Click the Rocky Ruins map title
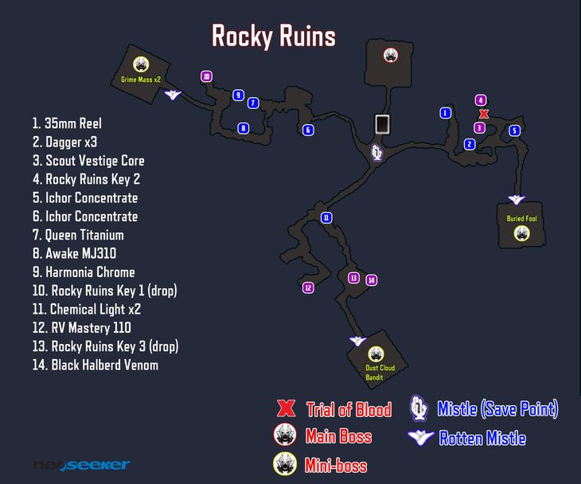273,36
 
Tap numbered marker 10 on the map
206,76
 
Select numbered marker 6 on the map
308,130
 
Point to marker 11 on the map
326,217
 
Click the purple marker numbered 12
308,287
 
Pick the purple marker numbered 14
371,279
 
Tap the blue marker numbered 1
446,113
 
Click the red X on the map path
484,114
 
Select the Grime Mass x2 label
141,80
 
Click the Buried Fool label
521,218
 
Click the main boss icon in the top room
391,55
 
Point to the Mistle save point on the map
377,151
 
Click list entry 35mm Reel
67,123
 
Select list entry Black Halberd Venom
95,365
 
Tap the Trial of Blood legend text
349,410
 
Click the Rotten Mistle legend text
482,438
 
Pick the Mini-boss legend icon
286,463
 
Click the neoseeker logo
81,465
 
